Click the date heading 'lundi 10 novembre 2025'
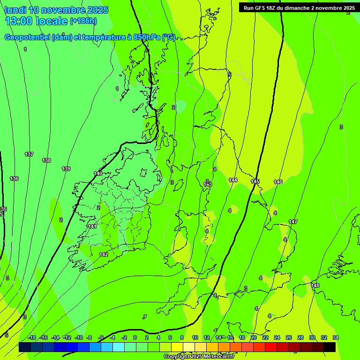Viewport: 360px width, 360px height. click(x=57, y=10)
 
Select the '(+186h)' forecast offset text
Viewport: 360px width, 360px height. click(x=83, y=21)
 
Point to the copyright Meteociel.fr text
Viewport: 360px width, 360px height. click(x=199, y=357)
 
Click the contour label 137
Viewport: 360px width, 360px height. click(x=29, y=154)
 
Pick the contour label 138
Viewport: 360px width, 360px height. click(x=46, y=160)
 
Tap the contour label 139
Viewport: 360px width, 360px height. click(x=66, y=169)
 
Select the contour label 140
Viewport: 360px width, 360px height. click(x=98, y=173)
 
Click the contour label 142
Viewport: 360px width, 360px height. click(x=104, y=255)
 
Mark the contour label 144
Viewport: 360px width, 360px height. click(x=233, y=180)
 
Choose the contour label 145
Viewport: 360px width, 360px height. click(x=255, y=181)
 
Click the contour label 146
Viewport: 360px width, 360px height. click(x=278, y=182)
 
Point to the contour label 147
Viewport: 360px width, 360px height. click(x=293, y=222)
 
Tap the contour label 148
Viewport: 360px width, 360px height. click(x=315, y=285)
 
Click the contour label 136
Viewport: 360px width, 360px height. click(x=14, y=179)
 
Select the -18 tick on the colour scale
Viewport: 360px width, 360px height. click(x=32, y=337)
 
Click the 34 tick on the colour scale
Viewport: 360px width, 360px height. click(x=336, y=337)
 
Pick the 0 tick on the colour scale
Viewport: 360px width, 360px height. click(x=135, y=337)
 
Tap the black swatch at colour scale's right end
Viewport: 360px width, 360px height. click(x=330, y=347)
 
